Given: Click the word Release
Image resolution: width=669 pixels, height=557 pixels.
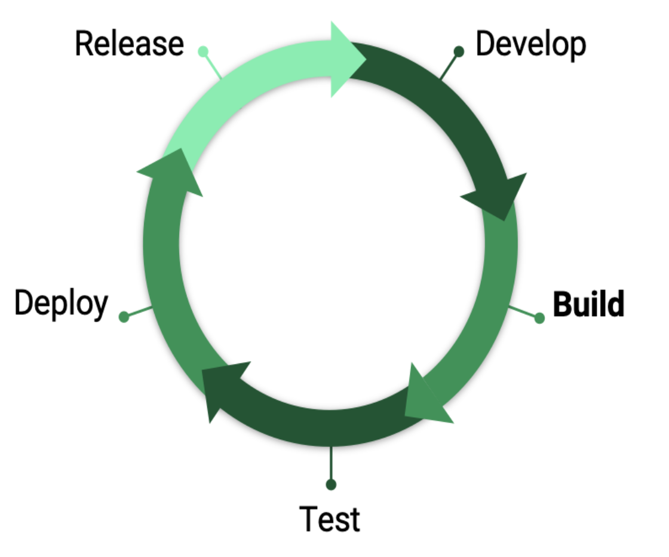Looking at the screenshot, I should (x=129, y=44).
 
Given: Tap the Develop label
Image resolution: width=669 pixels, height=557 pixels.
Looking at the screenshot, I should (x=530, y=44).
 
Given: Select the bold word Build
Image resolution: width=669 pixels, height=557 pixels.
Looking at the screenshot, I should (x=588, y=305).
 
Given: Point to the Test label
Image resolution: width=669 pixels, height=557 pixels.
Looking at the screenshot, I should (x=330, y=518).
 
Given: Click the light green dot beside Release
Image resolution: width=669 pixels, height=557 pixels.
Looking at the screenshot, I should (x=203, y=51).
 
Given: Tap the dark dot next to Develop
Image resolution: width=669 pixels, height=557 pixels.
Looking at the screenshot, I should (x=459, y=51).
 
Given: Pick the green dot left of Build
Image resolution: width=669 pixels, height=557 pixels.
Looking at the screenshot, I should (x=539, y=317).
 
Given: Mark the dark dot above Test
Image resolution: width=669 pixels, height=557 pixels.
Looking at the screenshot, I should (x=331, y=483).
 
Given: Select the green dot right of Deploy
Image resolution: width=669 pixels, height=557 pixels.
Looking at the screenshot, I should (x=124, y=317).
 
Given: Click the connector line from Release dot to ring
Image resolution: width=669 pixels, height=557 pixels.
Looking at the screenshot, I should (x=213, y=66).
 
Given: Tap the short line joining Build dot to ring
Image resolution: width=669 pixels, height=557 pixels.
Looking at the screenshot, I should (x=523, y=312).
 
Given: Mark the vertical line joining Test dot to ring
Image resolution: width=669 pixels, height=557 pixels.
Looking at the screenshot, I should (x=331, y=463).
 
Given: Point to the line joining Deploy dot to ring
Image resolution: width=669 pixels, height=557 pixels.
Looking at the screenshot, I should (x=139, y=311).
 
